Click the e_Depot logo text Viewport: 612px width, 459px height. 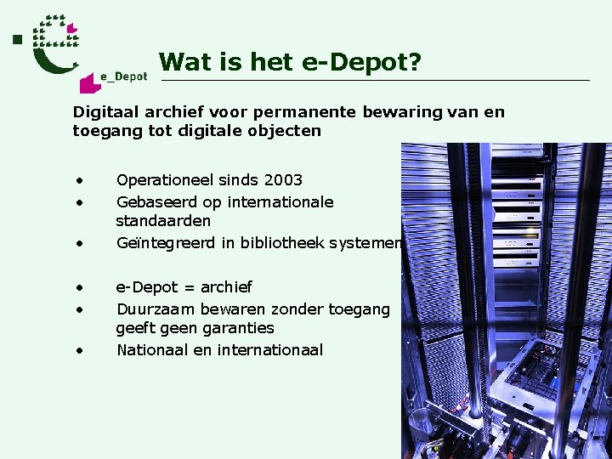(124, 76)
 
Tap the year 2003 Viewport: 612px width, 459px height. (282, 180)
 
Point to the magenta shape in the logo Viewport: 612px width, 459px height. (88, 82)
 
